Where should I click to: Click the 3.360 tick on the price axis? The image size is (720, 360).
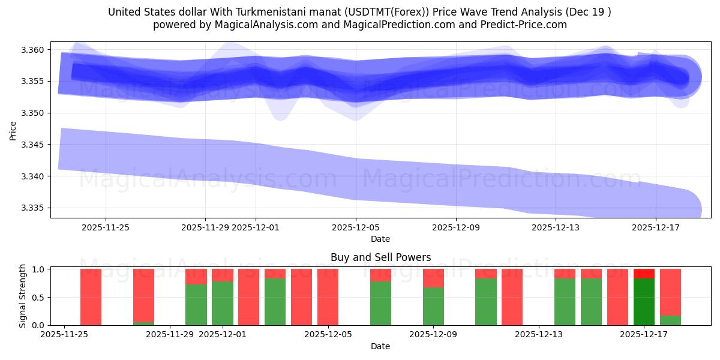click(31, 50)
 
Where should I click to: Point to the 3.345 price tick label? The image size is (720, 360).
click(31, 145)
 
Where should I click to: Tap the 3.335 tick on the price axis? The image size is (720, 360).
click(31, 208)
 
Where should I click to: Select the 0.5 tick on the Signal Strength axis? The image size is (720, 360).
click(38, 298)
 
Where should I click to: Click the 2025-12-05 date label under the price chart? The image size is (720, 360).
click(356, 227)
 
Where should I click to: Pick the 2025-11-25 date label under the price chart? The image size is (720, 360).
click(106, 227)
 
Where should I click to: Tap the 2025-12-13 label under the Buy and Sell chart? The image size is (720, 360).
click(539, 335)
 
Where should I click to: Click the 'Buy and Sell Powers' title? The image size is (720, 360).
click(380, 257)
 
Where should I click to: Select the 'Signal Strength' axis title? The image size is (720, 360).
click(23, 296)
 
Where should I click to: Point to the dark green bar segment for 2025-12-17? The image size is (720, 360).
click(644, 302)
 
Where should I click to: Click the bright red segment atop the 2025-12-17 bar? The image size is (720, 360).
click(644, 274)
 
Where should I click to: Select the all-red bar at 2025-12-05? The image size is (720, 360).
click(328, 297)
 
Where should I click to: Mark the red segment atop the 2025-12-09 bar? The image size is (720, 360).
click(433, 278)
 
